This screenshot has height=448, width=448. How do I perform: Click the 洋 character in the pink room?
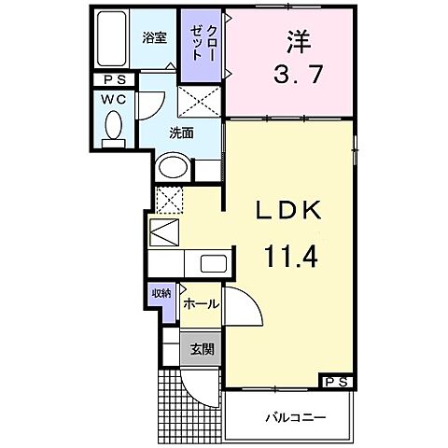300,42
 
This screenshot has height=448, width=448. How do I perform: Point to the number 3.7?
300,74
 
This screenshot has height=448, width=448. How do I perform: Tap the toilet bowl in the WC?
114,126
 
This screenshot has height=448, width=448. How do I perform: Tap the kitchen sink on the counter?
210,264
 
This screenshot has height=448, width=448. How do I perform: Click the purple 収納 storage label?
161,294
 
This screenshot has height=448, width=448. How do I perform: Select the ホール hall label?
201,304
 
